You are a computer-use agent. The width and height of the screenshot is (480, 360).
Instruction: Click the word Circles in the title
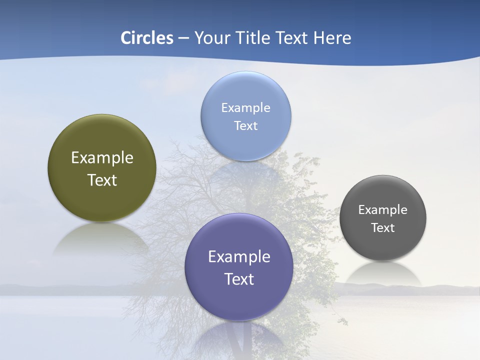tap(147, 38)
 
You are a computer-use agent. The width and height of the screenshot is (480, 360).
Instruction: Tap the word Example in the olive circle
tap(102, 158)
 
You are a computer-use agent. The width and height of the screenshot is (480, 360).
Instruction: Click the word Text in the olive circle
tap(102, 180)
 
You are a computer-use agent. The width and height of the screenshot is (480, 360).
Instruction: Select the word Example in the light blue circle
tap(246, 107)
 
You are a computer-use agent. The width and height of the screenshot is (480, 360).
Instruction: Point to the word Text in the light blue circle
tap(246, 125)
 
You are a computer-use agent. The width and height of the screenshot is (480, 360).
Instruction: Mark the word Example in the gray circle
tap(383, 209)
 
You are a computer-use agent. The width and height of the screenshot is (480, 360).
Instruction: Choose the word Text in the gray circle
tap(383, 227)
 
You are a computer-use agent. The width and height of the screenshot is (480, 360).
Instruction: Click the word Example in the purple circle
tap(239, 256)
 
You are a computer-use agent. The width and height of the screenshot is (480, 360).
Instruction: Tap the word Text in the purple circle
tap(239, 278)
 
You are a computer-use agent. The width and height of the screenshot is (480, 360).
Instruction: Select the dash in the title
tap(183, 38)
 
